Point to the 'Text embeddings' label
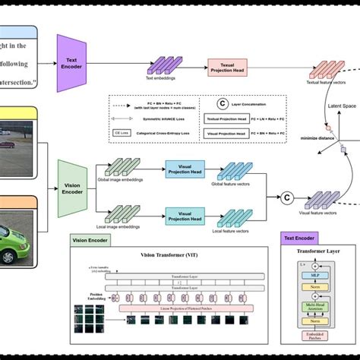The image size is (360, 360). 161,79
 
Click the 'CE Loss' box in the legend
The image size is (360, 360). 121,132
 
